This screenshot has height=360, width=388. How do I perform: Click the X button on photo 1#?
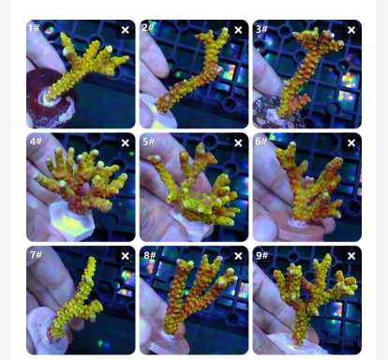pyautogui.click(x=126, y=30)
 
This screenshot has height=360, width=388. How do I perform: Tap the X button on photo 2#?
pyautogui.click(x=238, y=30)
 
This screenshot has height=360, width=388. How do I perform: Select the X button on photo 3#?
pyautogui.click(x=351, y=30)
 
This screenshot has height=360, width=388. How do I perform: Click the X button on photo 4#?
pyautogui.click(x=126, y=142)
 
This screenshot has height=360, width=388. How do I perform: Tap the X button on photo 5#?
pyautogui.click(x=238, y=142)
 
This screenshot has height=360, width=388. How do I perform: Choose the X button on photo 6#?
pyautogui.click(x=351, y=142)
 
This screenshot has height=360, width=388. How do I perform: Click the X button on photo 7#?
pyautogui.click(x=126, y=256)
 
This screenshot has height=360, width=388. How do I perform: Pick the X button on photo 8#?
pyautogui.click(x=238, y=256)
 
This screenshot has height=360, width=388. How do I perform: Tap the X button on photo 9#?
pyautogui.click(x=351, y=256)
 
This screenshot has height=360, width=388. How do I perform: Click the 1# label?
pyautogui.click(x=34, y=27)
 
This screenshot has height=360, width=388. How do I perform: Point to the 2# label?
pyautogui.click(x=148, y=27)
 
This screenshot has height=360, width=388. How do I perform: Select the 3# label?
pyautogui.click(x=261, y=29)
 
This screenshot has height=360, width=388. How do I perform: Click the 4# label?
pyautogui.click(x=36, y=142)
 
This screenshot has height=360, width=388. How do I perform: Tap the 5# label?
pyautogui.click(x=149, y=142)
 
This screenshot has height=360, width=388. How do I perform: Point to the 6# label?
pyautogui.click(x=261, y=142)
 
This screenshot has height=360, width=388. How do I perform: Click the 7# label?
pyautogui.click(x=36, y=255)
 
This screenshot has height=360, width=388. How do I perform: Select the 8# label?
pyautogui.click(x=149, y=255)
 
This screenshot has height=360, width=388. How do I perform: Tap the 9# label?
pyautogui.click(x=262, y=255)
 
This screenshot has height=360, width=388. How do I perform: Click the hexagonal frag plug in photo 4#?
pyautogui.click(x=72, y=221)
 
